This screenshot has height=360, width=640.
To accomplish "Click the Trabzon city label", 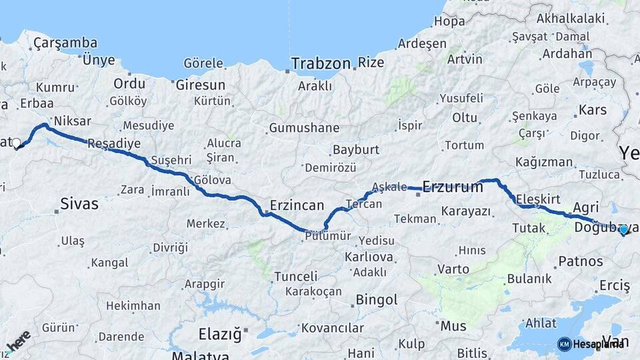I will pos(321,64).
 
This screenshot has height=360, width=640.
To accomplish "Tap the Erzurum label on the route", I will pos(453,187).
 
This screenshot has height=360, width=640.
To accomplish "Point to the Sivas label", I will pos(79,203).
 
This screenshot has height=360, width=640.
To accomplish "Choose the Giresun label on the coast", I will pos(200,85).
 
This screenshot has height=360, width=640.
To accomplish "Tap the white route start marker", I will pos(17,142).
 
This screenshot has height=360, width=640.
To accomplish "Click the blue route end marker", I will pos(623,229).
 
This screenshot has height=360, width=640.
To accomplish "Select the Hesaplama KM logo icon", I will pos(564,344).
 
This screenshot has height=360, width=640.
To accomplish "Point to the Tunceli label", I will pos(295,276).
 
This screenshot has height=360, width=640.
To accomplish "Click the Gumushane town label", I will pos(304,128).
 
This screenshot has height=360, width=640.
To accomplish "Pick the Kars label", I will pos(591,109).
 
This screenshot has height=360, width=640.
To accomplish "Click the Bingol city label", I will pos(377,299).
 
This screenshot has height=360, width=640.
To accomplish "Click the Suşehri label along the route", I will pos(171,161).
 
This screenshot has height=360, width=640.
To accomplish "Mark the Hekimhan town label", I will pos(133,306).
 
